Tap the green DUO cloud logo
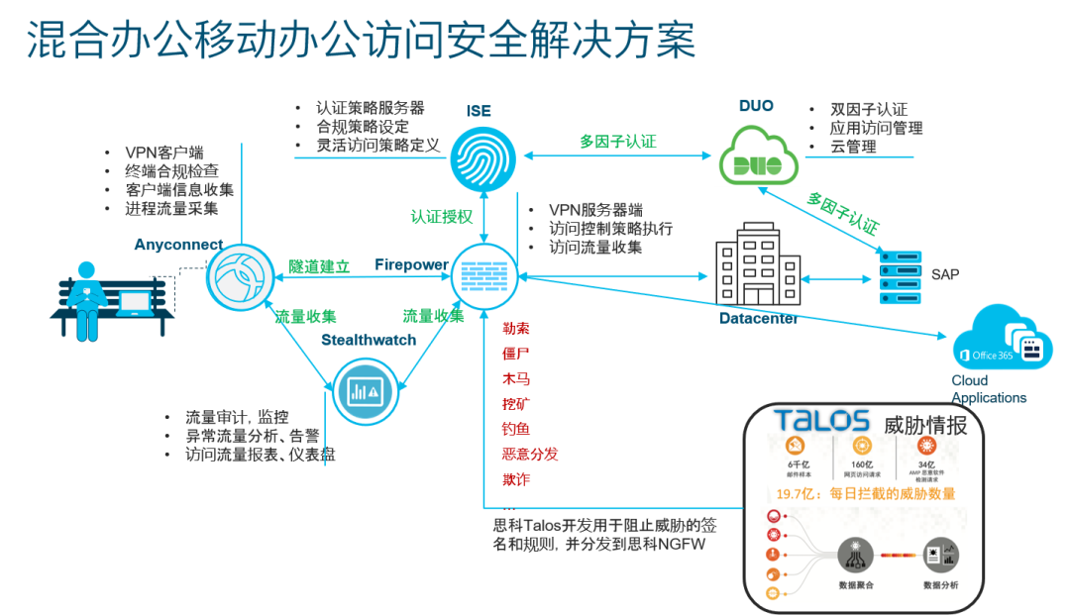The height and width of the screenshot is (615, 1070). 759,154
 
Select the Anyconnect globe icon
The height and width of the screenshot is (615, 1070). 239,278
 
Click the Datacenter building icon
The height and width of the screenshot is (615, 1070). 758,262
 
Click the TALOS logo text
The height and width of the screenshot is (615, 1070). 821,420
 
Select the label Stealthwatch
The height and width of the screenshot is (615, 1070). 369,340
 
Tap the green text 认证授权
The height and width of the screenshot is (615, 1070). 442,215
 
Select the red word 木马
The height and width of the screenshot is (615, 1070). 516,378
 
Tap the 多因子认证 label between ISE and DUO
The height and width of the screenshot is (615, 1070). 618,142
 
